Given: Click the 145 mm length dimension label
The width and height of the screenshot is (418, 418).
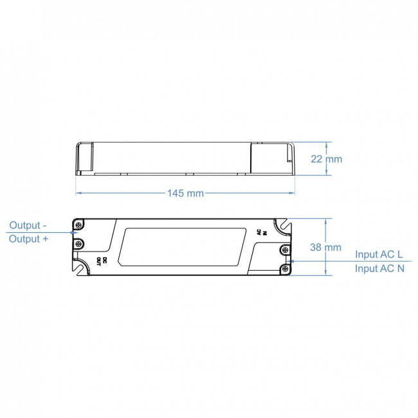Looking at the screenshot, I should tap(186, 193).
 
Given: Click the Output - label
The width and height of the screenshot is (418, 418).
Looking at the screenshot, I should tap(28, 226).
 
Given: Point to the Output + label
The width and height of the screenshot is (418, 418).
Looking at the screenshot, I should tap(28, 239).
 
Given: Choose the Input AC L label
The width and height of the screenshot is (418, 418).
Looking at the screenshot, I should tap(379, 255).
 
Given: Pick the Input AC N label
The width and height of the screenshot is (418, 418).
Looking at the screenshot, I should tap(379, 269).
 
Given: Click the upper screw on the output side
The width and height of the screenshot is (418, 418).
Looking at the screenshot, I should tap(79, 224).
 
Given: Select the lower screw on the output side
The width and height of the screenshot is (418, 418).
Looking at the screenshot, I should tap(79, 244).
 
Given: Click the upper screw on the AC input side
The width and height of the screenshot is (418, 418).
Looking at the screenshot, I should tap(284, 250).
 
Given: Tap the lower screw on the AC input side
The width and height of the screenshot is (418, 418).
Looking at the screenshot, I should tap(284, 269).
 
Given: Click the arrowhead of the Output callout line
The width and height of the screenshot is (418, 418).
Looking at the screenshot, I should tap(74, 232).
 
